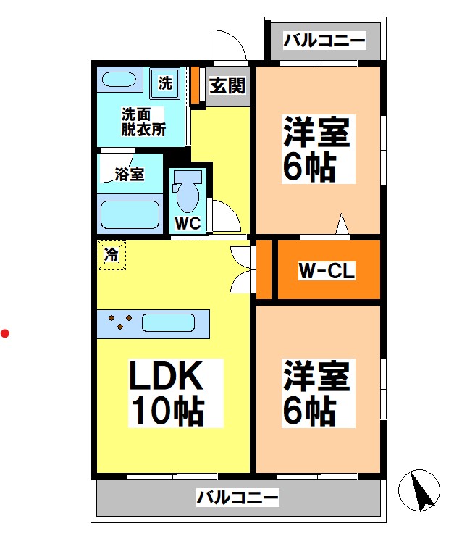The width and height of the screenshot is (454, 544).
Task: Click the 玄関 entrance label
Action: pyautogui.click(x=227, y=85)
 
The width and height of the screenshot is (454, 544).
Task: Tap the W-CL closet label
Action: pyautogui.click(x=326, y=272)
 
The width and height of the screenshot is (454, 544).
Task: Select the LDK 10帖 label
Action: pyautogui.click(x=167, y=393)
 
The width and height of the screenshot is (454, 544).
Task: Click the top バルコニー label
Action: pyautogui.click(x=324, y=40)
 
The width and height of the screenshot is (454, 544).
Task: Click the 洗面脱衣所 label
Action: pyautogui.click(x=143, y=122)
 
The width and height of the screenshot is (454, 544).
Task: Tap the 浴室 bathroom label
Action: pyautogui.click(x=130, y=174)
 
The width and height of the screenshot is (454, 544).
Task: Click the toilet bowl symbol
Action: pyautogui.click(x=188, y=193)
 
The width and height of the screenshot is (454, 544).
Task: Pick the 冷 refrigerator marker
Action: pyautogui.click(x=112, y=255)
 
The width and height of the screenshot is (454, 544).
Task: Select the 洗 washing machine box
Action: pyautogui.click(x=166, y=83)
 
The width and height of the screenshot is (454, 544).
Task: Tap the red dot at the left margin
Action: pyautogui.click(x=5, y=333)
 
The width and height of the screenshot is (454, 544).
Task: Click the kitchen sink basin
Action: pyautogui.click(x=169, y=322)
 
